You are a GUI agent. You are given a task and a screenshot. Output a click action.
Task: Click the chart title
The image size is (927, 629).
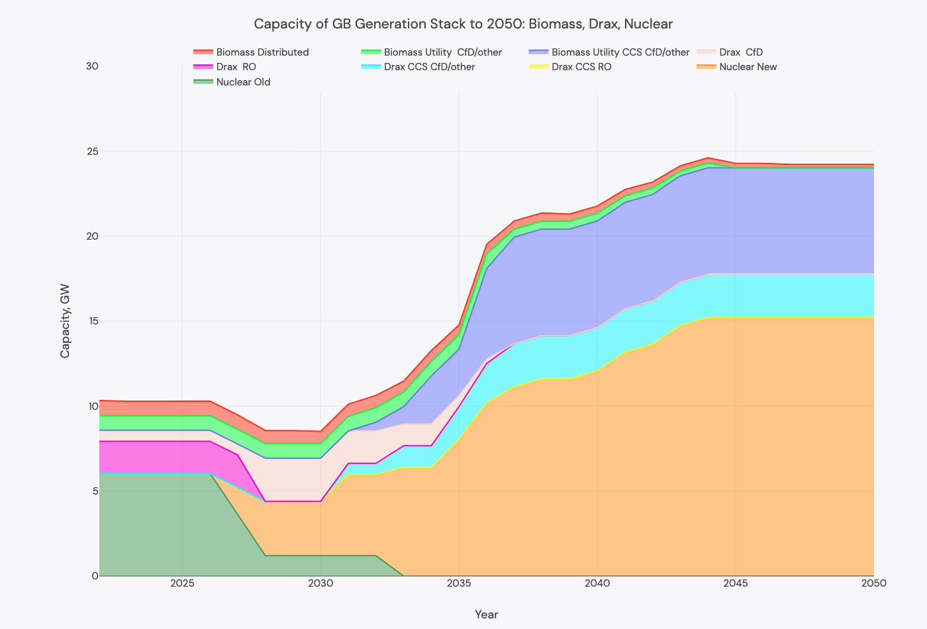(463, 24)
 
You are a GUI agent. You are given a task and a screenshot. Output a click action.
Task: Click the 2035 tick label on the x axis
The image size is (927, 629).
(459, 583)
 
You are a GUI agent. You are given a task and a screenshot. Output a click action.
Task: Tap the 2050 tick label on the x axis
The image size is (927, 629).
(873, 583)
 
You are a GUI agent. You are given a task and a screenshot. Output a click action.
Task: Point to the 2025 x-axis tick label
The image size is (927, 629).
(182, 583)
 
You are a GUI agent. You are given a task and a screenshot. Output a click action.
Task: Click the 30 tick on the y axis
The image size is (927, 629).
(91, 66)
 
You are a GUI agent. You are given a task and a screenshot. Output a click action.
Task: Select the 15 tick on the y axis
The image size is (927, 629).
(91, 321)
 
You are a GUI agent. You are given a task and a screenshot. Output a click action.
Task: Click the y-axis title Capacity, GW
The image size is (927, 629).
(65, 321)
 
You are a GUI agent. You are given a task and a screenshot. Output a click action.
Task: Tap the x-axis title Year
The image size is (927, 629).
(486, 614)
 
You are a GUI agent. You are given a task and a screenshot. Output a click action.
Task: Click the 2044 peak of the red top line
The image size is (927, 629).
(708, 158)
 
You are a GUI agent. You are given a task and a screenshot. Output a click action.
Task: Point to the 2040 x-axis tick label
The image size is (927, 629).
(597, 583)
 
